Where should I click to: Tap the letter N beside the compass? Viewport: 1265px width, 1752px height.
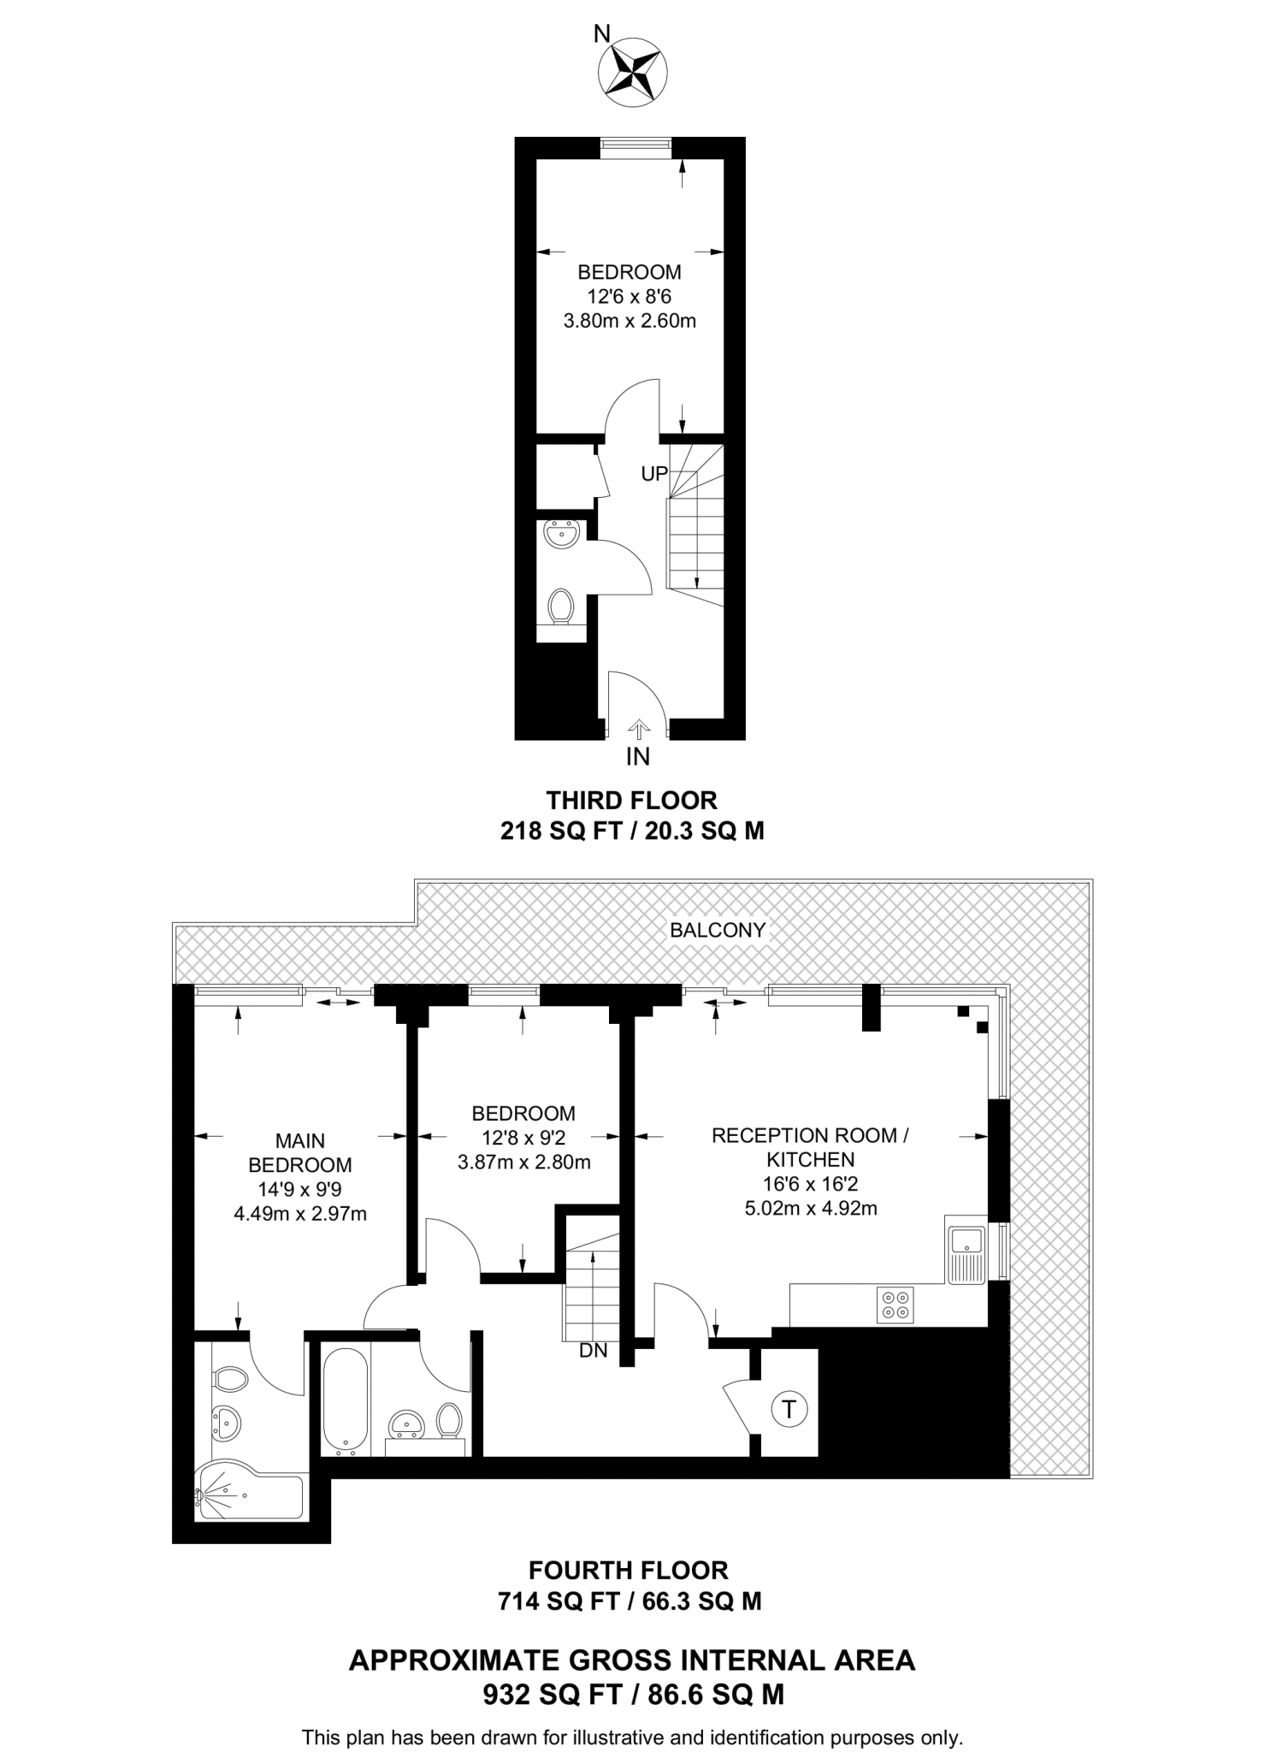602,34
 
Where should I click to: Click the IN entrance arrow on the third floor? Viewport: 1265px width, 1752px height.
638,729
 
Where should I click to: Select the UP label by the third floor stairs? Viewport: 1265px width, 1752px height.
654,473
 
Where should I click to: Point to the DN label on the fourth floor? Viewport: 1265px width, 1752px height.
593,1351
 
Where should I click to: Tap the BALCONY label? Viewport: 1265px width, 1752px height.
717,930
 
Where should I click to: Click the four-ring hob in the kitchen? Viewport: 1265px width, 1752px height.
896,1305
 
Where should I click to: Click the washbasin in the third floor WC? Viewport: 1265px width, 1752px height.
561,536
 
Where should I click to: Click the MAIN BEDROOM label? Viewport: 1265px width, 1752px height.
299,1152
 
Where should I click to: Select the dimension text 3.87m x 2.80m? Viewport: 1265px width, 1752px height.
523,1162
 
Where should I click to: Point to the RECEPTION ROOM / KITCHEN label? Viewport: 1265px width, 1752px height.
810,1147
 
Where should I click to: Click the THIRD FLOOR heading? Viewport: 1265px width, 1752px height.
631,800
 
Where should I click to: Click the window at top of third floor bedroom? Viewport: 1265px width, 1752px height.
634,147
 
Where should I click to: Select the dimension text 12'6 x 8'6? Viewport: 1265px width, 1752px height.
629,297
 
